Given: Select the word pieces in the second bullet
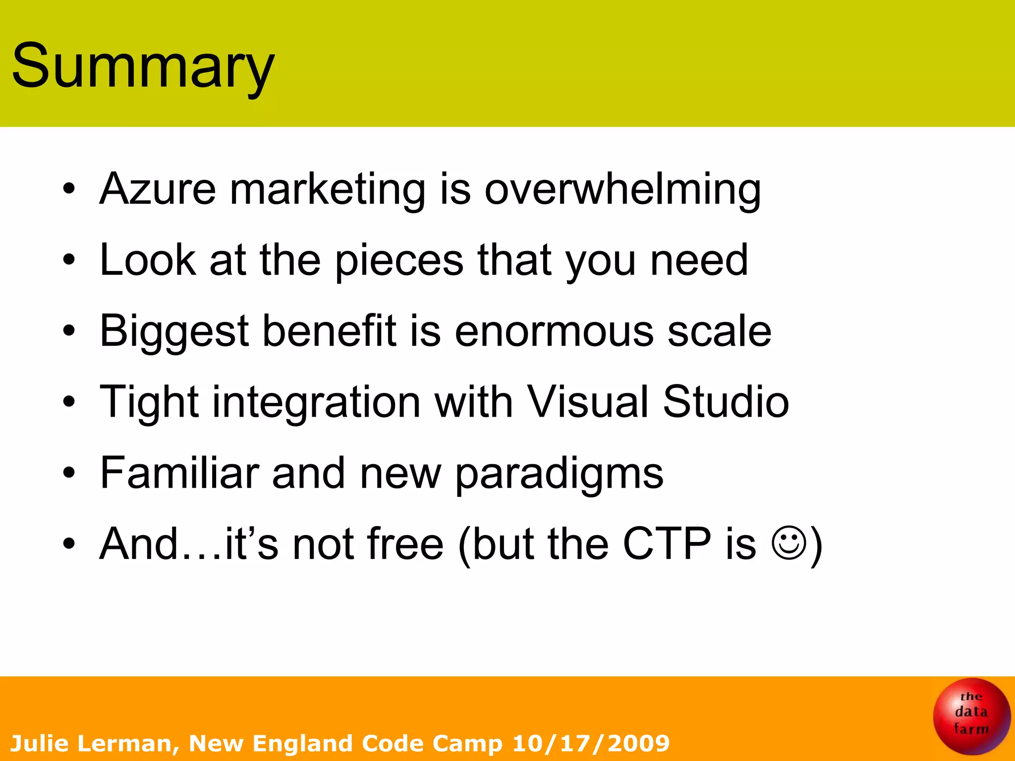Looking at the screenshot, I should (399, 261).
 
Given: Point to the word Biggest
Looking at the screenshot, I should (174, 331).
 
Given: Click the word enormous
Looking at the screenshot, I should (554, 331).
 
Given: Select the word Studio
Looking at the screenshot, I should (726, 402).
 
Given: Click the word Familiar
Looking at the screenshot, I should (179, 473).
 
